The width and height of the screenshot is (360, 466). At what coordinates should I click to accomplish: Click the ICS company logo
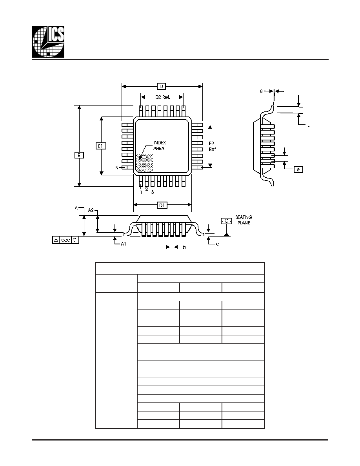[x=48, y=42]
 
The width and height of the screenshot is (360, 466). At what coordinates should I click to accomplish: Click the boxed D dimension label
[x=161, y=86]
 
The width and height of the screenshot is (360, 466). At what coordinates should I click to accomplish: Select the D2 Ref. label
[x=162, y=97]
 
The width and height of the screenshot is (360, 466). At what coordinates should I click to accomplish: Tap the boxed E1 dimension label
[x=101, y=146]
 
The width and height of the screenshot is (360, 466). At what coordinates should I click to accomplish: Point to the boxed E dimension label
[x=79, y=155]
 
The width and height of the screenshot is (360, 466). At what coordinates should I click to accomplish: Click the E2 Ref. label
[x=213, y=146]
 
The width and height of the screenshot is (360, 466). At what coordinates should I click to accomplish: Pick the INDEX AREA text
[x=159, y=145]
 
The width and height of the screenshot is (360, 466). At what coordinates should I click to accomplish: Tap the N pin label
[x=117, y=168]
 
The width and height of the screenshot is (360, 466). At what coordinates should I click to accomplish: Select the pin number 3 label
[x=153, y=192]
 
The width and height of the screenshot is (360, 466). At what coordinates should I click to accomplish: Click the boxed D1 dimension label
[x=162, y=205]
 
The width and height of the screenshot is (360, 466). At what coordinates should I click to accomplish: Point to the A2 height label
[x=91, y=210]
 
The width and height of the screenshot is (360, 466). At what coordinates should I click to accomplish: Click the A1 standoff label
[x=123, y=244]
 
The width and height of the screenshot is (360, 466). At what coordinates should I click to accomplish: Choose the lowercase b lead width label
[x=184, y=247]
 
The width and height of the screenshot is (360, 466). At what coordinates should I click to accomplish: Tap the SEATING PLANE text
[x=244, y=220]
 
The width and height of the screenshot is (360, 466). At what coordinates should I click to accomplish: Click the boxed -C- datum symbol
[x=226, y=221]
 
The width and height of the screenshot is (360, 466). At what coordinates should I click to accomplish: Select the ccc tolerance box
[x=65, y=240]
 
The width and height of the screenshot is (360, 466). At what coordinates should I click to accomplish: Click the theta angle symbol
[x=262, y=91]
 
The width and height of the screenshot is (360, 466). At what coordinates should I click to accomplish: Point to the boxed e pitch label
[x=298, y=169]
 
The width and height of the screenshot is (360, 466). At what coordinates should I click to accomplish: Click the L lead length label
[x=308, y=125]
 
